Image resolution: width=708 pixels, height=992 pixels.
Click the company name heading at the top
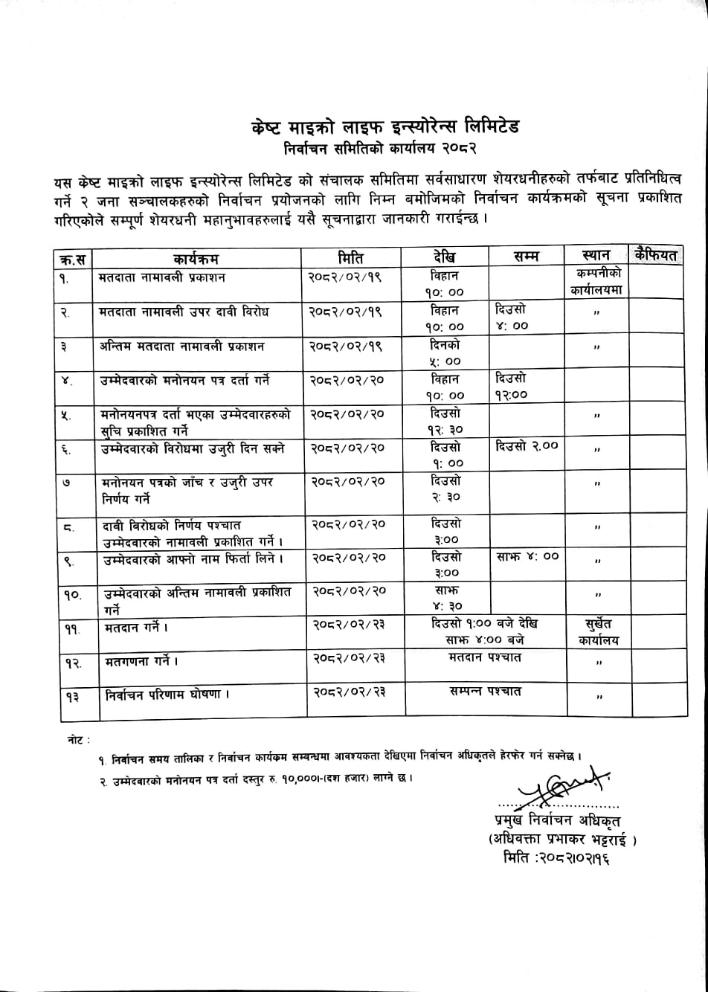pyautogui.click(x=385, y=126)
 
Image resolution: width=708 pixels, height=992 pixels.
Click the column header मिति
pyautogui.click(x=350, y=258)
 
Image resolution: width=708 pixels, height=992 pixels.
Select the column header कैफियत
pyautogui.click(x=655, y=255)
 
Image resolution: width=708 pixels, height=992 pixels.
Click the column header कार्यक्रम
pyautogui.click(x=196, y=260)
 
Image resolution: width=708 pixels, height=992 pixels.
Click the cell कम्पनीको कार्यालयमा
pyautogui.click(x=595, y=283)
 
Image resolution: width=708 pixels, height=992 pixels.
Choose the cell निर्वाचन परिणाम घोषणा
pyautogui.click(x=164, y=695)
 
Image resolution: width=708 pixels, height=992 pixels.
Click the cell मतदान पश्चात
pyautogui.click(x=485, y=657)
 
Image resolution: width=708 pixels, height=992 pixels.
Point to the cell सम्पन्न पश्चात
pyautogui.click(x=485, y=691)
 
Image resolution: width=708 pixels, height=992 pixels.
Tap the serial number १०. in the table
pyautogui.click(x=73, y=595)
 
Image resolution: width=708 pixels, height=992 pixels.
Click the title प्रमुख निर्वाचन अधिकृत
pyautogui.click(x=551, y=821)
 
